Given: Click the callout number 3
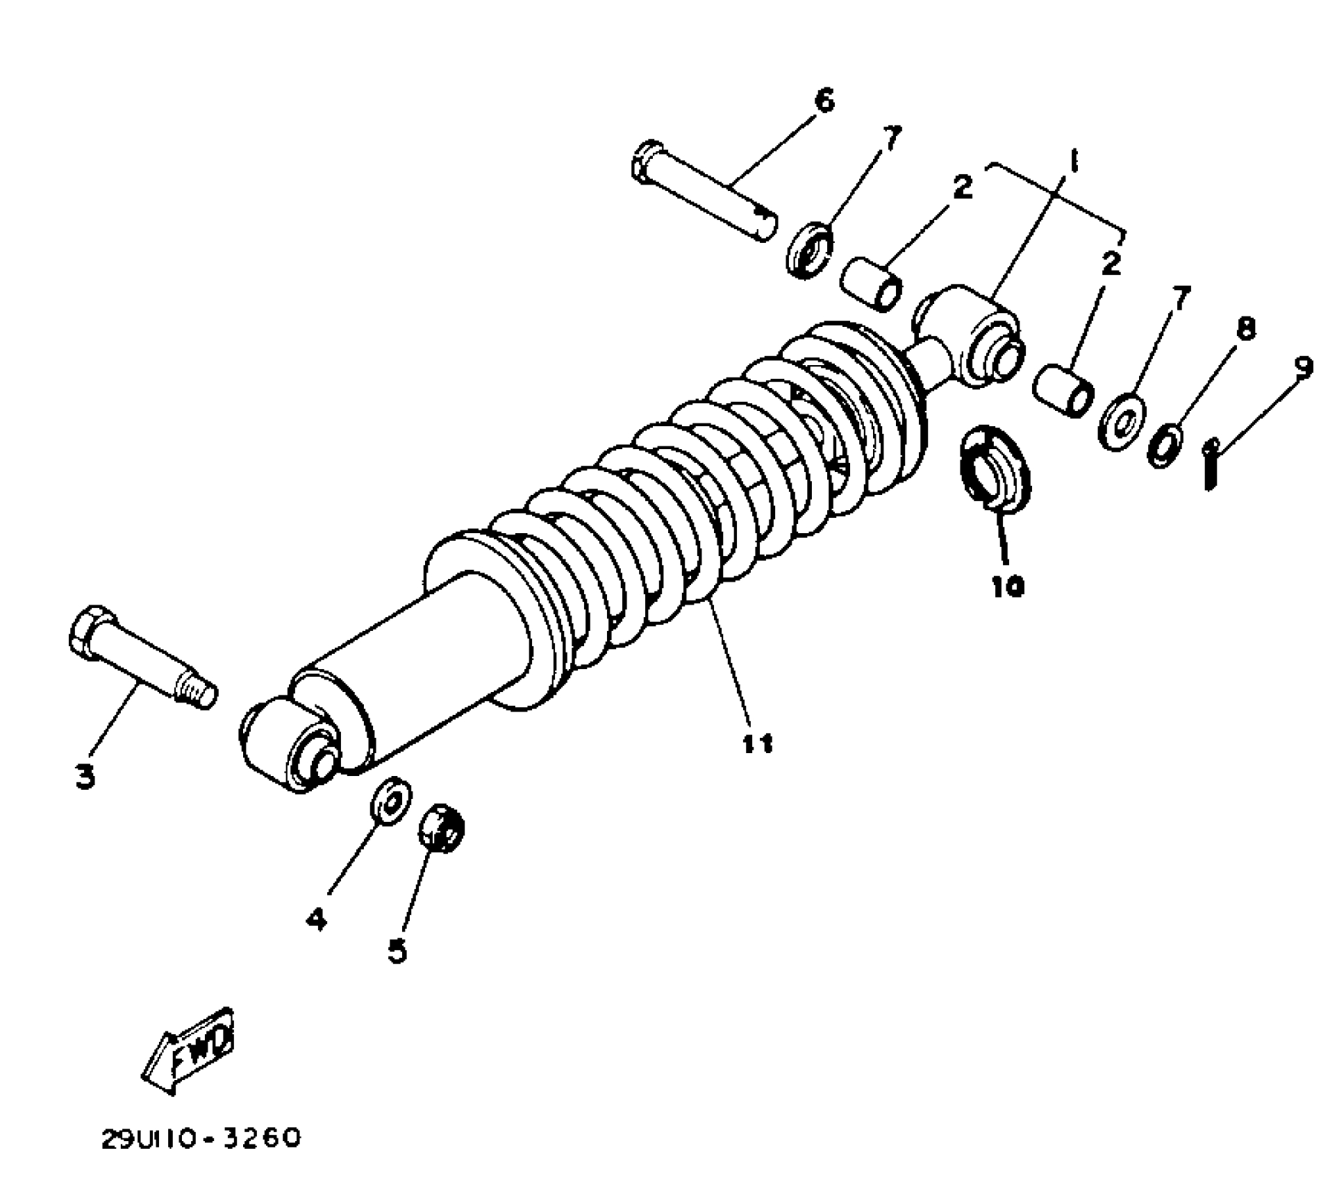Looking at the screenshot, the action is point(85,777).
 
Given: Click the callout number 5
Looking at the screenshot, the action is point(397,951).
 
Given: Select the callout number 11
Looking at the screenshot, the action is point(756,743).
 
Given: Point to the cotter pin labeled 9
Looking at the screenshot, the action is point(1211,464).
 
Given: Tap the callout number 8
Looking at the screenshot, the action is point(1246,328).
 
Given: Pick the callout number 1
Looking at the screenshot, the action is point(1073,164).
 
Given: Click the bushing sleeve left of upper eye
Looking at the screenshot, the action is point(872,284).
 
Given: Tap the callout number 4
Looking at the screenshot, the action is point(316,920).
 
